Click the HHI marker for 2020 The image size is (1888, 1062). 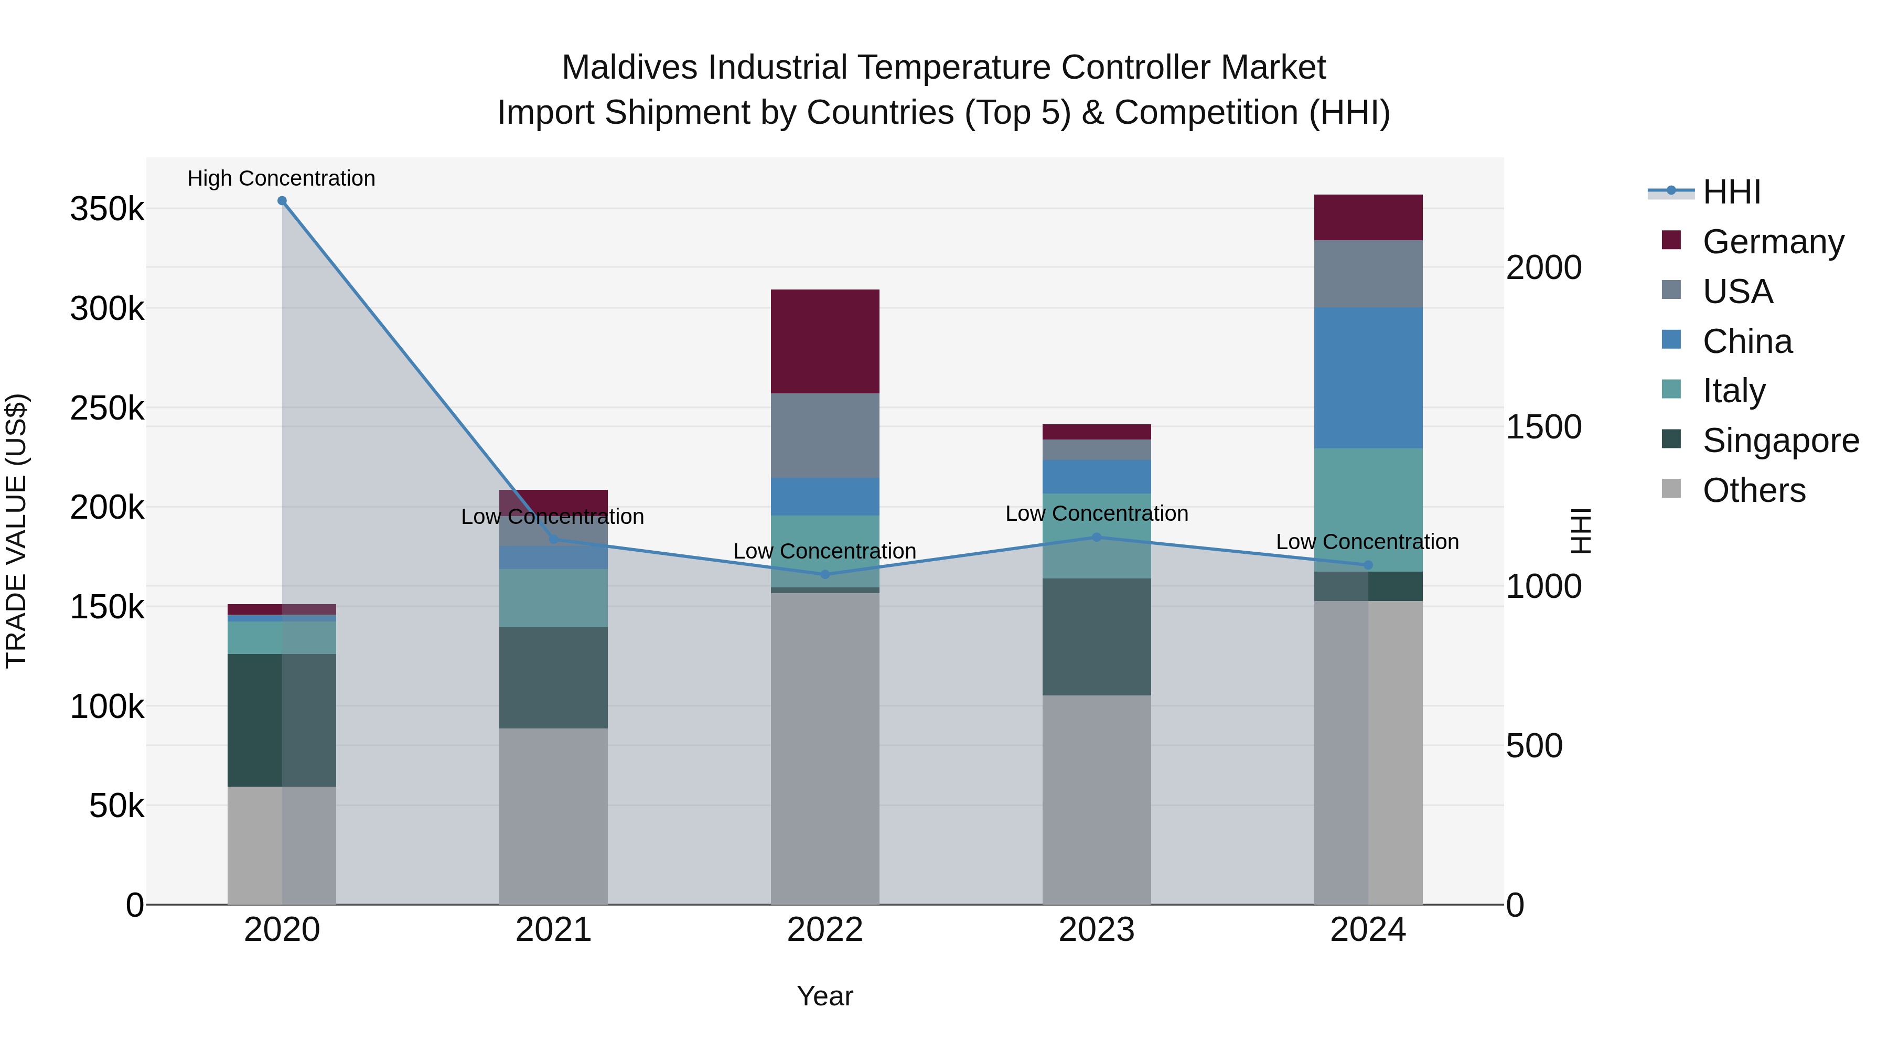(282, 201)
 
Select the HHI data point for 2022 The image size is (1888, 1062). (825, 575)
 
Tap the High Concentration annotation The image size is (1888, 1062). (282, 179)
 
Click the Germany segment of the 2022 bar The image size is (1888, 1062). (825, 341)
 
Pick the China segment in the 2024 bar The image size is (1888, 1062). (1368, 378)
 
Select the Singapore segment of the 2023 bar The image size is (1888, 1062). (1097, 636)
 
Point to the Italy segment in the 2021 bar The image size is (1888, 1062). (553, 597)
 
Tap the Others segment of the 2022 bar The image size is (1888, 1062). (825, 747)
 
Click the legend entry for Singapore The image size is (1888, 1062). (1780, 441)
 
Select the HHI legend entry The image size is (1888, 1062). (1731, 192)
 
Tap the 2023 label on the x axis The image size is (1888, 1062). (1097, 930)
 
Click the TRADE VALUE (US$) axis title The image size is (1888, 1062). (16, 531)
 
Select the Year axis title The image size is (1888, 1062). (825, 996)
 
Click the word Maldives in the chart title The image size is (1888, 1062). (629, 68)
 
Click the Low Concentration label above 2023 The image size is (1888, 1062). (1097, 514)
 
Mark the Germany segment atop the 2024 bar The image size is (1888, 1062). (1368, 217)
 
